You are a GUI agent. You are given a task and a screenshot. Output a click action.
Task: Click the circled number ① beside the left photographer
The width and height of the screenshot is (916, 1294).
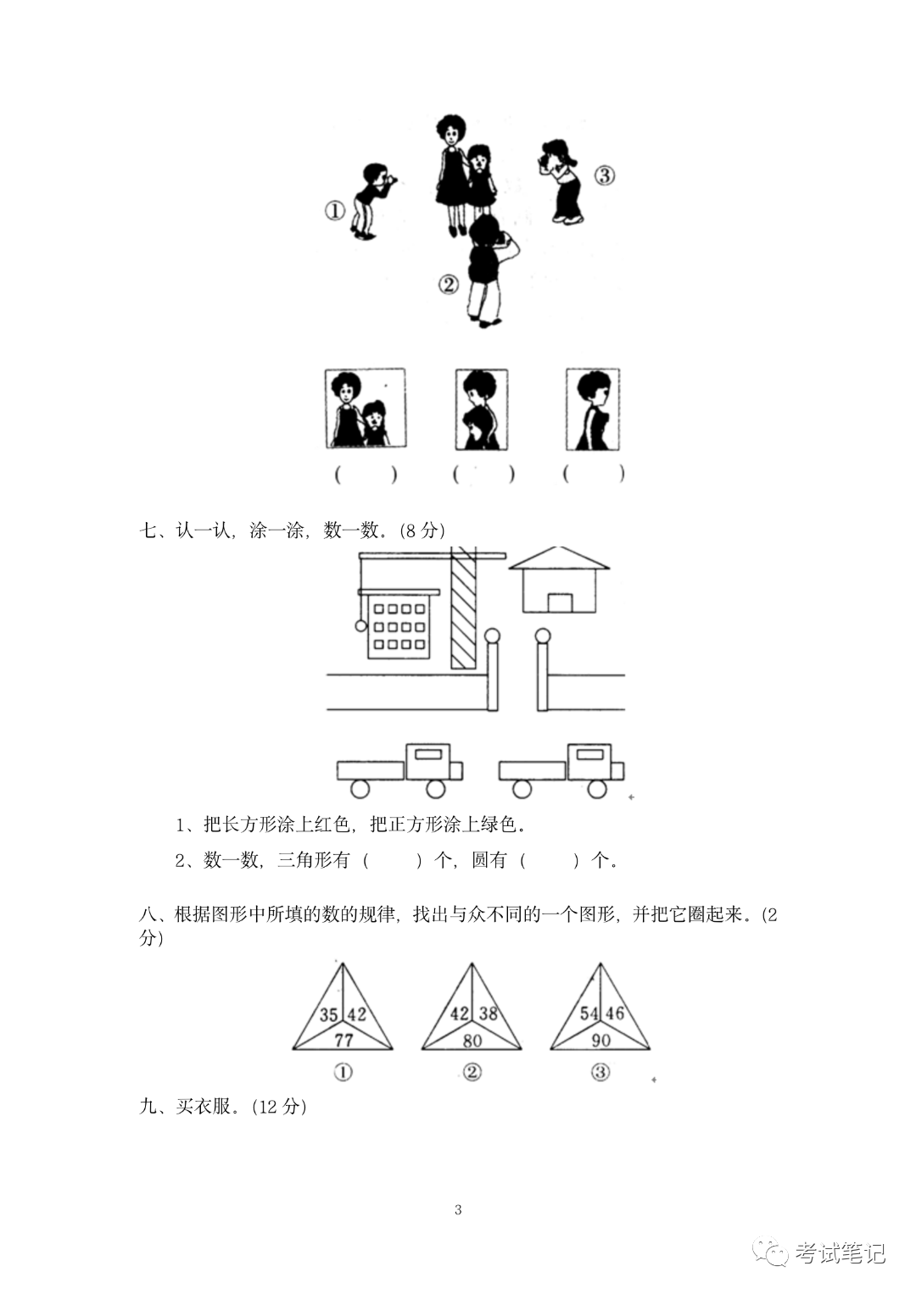pos(335,210)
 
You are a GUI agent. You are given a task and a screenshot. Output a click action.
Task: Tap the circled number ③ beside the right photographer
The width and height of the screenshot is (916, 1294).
pos(603,175)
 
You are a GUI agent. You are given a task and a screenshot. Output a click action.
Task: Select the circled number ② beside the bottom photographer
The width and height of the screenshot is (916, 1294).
pos(449,285)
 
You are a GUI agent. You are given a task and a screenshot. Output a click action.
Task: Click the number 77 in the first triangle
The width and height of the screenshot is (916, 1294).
pos(343,1039)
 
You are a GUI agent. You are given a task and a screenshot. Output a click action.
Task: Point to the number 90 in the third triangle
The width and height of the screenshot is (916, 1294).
pos(600,1039)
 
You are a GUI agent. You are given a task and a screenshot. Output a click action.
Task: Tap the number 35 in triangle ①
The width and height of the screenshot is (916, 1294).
pos(329,1014)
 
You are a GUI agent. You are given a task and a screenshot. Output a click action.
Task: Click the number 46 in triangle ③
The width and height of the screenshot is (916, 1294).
pos(615,1013)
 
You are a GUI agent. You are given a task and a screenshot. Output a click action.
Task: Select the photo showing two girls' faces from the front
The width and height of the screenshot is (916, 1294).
pos(366,408)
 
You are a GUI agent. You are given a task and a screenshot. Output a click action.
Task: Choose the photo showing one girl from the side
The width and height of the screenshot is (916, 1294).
pos(593,409)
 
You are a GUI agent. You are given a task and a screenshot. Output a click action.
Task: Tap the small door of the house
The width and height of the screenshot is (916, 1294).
pos(560,603)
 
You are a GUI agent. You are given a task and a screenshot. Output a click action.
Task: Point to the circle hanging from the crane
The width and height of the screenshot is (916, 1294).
pos(360,626)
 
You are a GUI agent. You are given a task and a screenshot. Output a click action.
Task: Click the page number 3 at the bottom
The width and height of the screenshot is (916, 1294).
pos(458,1209)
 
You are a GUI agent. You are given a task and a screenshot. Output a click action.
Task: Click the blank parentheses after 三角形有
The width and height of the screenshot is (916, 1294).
pos(393,861)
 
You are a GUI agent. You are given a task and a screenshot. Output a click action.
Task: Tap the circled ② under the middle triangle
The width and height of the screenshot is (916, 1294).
pos(472,1072)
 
